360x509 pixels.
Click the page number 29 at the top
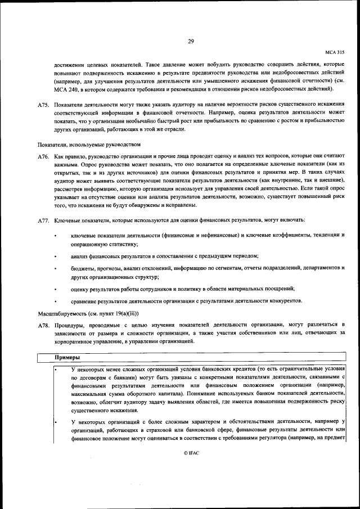(191, 41)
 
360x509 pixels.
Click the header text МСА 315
(335, 51)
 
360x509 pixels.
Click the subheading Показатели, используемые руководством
(89, 144)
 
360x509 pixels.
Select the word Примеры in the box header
(67, 358)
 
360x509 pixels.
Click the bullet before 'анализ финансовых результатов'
(55, 256)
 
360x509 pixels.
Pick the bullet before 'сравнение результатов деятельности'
(55, 301)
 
